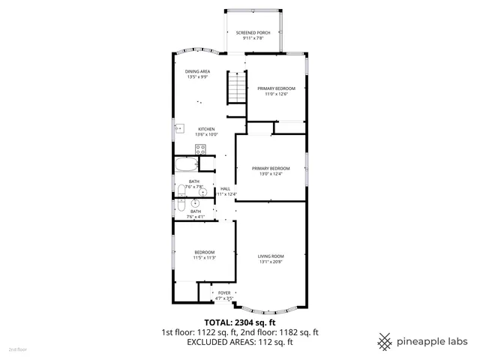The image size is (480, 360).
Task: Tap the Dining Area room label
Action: click(x=197, y=71)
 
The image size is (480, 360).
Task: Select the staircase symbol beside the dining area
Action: click(x=237, y=88)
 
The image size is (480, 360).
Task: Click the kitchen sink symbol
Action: click(x=179, y=129)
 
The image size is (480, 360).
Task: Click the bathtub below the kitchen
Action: click(x=186, y=166)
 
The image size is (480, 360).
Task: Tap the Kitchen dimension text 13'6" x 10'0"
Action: click(x=207, y=134)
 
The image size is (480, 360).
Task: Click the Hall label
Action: click(x=225, y=188)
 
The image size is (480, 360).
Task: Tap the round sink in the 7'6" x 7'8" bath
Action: click(x=202, y=192)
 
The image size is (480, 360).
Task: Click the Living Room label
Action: click(x=271, y=256)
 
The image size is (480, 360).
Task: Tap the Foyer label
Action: click(x=224, y=293)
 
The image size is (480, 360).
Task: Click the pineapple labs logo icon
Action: click(x=385, y=340)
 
